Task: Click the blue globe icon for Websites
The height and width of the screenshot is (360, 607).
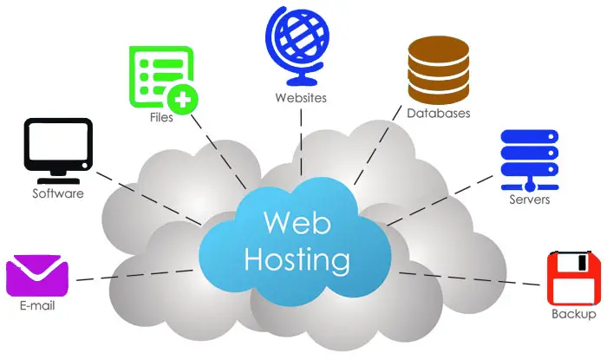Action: click(297, 46)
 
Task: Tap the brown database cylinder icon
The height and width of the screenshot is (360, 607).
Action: click(439, 70)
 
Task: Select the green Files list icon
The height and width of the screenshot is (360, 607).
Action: click(163, 80)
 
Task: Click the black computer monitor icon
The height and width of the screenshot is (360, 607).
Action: click(58, 151)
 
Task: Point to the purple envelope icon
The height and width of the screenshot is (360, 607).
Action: click(37, 276)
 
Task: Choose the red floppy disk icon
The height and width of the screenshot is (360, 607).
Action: click(574, 278)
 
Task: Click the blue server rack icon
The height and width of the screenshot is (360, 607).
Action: click(530, 160)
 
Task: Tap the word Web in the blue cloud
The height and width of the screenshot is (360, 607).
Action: click(297, 223)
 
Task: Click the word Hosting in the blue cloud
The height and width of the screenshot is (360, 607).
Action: click(297, 260)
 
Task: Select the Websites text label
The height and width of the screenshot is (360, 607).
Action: click(301, 98)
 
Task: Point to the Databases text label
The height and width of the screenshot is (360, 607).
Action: click(439, 113)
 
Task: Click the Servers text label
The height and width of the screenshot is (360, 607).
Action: click(530, 200)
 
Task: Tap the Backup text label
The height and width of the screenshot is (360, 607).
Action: click(574, 313)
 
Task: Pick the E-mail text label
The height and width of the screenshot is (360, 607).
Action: click(37, 305)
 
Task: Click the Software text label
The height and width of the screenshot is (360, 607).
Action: click(58, 193)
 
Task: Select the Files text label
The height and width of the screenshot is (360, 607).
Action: click(161, 117)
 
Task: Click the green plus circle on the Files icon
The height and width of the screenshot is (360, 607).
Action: click(182, 100)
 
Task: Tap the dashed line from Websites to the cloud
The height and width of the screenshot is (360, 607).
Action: click(301, 142)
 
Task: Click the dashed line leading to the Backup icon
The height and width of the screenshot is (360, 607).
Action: click(469, 278)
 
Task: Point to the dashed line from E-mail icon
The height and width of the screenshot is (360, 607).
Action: click(134, 275)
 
